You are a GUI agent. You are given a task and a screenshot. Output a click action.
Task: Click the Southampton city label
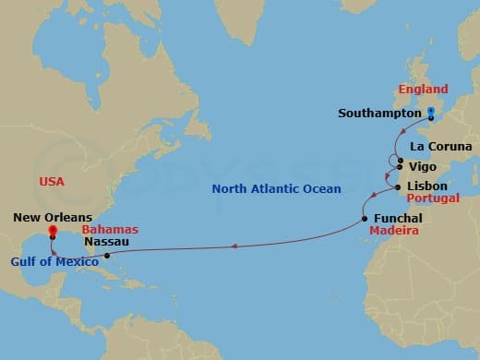point(378,114)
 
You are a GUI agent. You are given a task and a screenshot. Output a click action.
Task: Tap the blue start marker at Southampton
point(431,114)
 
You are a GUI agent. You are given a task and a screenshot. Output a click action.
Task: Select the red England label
point(423,90)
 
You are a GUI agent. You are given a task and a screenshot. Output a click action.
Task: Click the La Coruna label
point(441,147)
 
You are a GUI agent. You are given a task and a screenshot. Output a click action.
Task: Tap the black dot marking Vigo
point(400,168)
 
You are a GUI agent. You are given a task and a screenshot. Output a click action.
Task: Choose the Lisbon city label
point(427,186)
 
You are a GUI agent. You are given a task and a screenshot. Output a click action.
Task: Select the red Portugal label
point(434,198)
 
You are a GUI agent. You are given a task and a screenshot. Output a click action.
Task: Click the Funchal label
point(399,218)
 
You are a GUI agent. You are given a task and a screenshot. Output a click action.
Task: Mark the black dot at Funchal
point(366,219)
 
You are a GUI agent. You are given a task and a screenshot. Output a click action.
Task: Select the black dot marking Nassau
point(107,255)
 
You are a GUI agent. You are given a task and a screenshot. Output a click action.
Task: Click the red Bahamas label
point(110,228)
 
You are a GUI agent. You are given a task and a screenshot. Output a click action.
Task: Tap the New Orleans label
point(52,218)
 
